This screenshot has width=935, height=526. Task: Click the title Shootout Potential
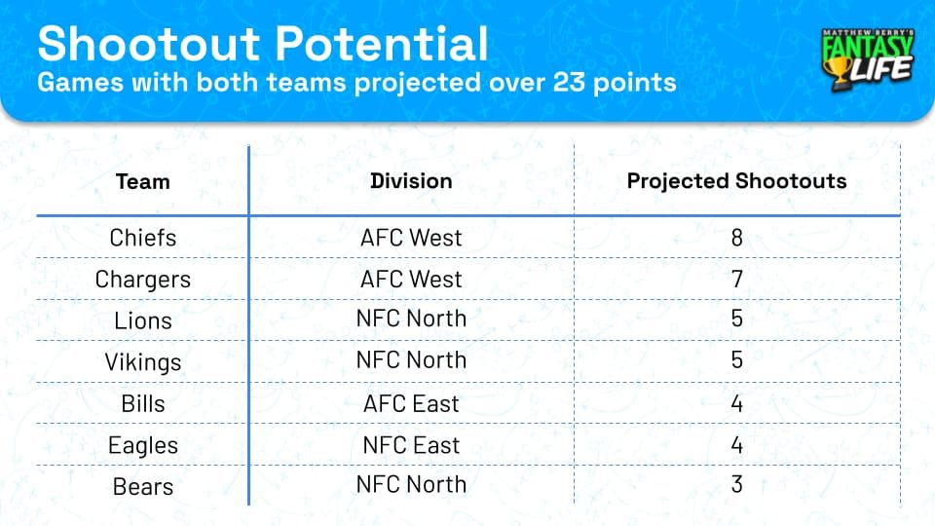pyautogui.click(x=263, y=44)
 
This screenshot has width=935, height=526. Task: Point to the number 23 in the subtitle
pyautogui.click(x=549, y=82)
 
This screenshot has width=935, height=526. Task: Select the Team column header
pyautogui.click(x=142, y=181)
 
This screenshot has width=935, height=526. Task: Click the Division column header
pyautogui.click(x=411, y=181)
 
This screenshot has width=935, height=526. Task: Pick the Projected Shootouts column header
pyautogui.click(x=736, y=181)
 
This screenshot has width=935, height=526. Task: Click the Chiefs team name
pyautogui.click(x=143, y=238)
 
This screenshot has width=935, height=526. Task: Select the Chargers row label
pyautogui.click(x=143, y=280)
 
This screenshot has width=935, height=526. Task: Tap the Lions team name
pyautogui.click(x=143, y=320)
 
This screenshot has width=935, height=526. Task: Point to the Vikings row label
pyautogui.click(x=143, y=362)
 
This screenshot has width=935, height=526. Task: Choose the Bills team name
pyautogui.click(x=143, y=403)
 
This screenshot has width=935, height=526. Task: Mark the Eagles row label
pyautogui.click(x=143, y=445)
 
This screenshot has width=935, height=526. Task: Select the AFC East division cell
pyautogui.click(x=411, y=403)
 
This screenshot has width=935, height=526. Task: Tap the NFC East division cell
pyautogui.click(x=411, y=445)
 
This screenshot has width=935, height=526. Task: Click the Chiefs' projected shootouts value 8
pyautogui.click(x=737, y=238)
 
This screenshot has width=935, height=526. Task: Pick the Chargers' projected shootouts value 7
pyautogui.click(x=737, y=280)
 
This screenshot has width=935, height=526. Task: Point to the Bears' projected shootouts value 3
pyautogui.click(x=737, y=485)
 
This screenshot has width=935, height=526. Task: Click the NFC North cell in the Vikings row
pyautogui.click(x=411, y=360)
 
